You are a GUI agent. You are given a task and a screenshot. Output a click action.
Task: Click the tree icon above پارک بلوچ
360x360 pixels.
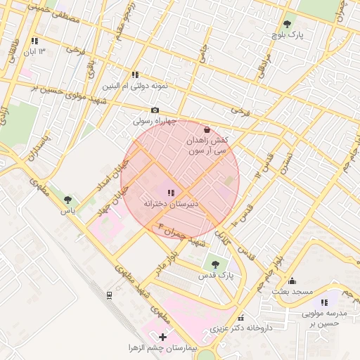(287, 23)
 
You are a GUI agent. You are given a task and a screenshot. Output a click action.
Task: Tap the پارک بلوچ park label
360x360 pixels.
(288, 34)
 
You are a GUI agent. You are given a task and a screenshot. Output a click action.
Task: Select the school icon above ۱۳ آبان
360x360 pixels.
(34, 41)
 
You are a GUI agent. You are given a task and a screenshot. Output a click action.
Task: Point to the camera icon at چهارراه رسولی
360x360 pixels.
(155, 110)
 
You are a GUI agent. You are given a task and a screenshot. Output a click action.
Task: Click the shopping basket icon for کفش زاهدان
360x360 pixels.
(207, 130)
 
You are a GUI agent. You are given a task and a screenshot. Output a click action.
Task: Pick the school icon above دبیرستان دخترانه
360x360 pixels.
(171, 192)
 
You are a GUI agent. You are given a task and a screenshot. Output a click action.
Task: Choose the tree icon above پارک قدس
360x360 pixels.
(215, 264)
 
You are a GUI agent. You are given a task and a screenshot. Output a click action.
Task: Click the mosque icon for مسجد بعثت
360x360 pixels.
(292, 281)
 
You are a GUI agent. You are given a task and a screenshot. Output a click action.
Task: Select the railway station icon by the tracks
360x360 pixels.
(109, 295)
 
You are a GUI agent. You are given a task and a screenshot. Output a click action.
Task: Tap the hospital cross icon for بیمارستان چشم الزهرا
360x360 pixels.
(163, 337)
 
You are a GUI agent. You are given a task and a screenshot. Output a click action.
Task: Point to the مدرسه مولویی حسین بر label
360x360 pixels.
(325, 319)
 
